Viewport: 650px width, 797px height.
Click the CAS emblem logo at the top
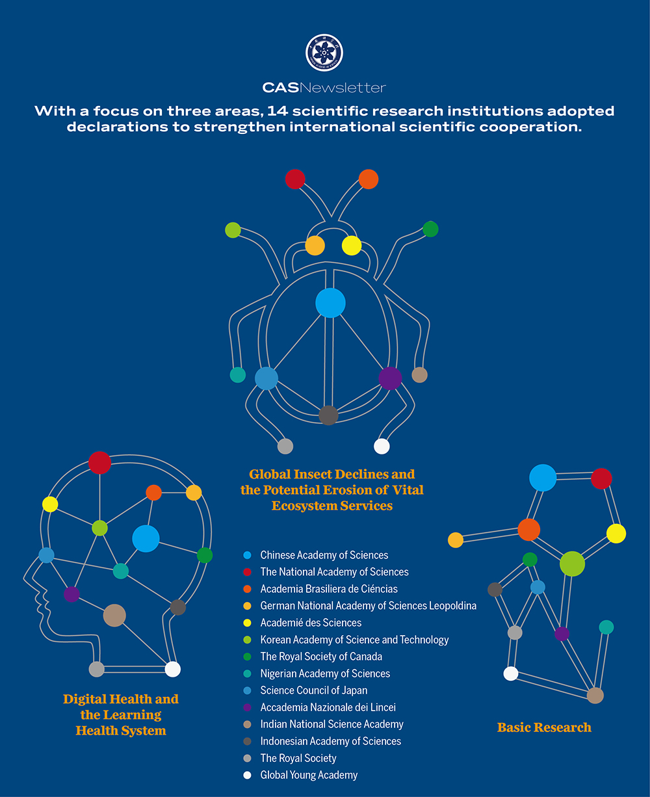(x=324, y=53)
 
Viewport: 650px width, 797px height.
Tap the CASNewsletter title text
(x=324, y=87)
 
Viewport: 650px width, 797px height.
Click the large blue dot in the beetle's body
(x=330, y=303)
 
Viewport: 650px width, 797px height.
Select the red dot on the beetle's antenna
(x=295, y=179)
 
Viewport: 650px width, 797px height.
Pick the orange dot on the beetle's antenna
(x=369, y=179)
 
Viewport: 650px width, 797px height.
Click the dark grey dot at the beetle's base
(x=328, y=415)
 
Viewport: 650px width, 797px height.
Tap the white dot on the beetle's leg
(x=382, y=446)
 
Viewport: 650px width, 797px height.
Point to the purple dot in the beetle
(x=390, y=378)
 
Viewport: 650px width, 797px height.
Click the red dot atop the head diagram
(x=99, y=463)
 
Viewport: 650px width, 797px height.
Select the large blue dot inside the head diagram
(x=146, y=538)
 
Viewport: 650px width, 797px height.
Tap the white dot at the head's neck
(x=172, y=669)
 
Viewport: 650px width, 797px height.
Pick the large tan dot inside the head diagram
(x=114, y=615)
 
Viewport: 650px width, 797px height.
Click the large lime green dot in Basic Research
(x=572, y=564)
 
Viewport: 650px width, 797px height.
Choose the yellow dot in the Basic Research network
(x=616, y=534)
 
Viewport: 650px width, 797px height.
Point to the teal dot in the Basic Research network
(x=606, y=627)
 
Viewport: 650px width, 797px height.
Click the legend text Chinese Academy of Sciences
(x=324, y=555)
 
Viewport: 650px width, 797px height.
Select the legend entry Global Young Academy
(x=309, y=775)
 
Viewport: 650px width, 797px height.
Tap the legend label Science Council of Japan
(x=313, y=690)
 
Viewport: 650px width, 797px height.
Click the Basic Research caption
(x=544, y=727)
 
